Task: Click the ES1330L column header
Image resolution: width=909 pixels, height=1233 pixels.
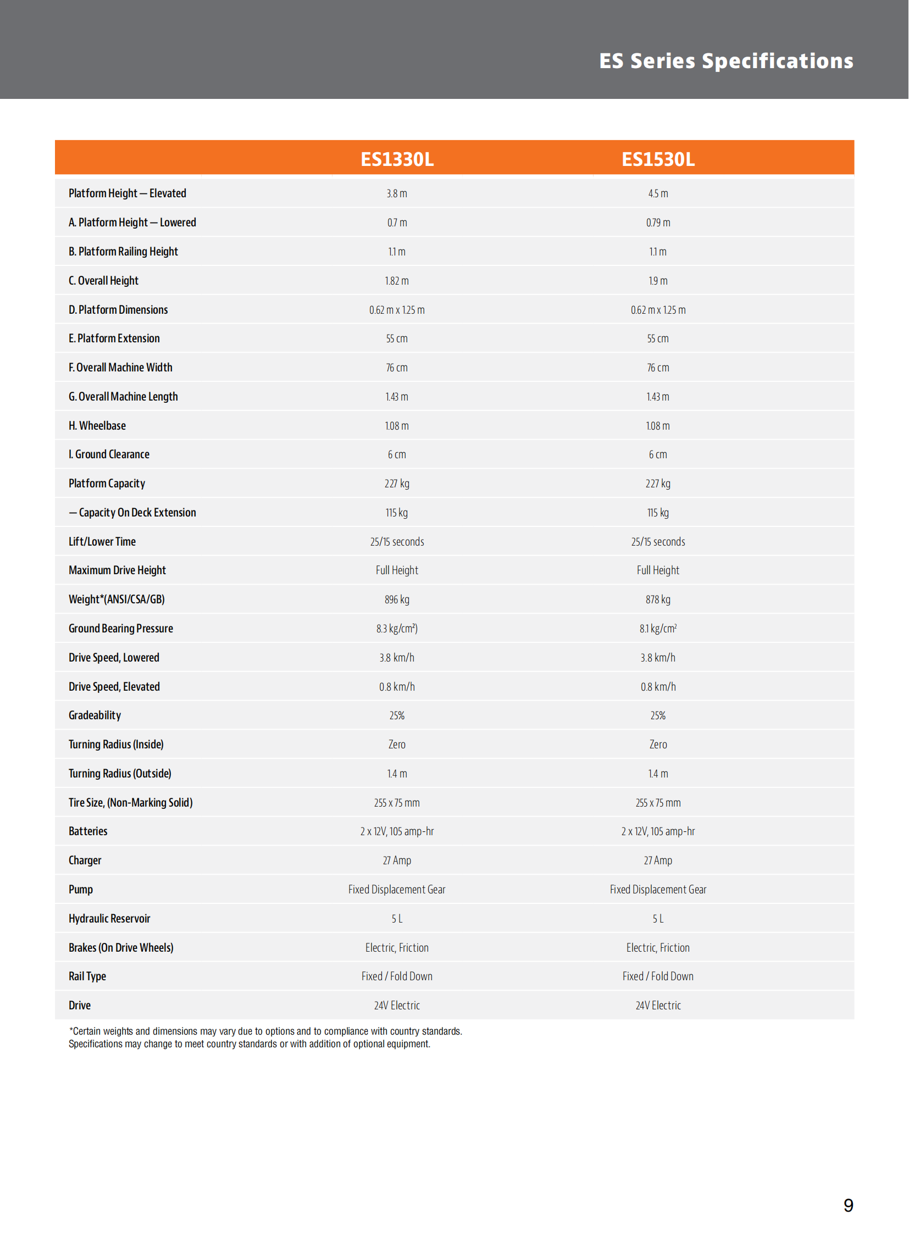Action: (x=397, y=159)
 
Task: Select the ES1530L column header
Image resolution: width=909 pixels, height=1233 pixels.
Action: (x=657, y=159)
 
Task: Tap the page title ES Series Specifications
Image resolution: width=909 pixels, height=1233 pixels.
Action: (x=726, y=60)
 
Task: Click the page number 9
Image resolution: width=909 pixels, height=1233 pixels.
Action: (x=848, y=1205)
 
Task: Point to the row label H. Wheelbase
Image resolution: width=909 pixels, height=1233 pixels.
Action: (x=97, y=425)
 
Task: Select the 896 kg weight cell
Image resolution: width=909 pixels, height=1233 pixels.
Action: (x=397, y=599)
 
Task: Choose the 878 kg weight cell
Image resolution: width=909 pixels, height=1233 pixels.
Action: (x=657, y=599)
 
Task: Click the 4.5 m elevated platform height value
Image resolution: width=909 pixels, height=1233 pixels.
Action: (x=657, y=193)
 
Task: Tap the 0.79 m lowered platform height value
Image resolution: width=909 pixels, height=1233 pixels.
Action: (x=657, y=223)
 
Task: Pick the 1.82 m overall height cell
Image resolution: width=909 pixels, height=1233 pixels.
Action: (x=397, y=281)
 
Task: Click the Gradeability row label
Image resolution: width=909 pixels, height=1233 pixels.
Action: (x=95, y=715)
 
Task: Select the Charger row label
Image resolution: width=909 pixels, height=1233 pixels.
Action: (x=85, y=860)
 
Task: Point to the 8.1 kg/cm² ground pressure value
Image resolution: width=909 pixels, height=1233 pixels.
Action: (x=657, y=629)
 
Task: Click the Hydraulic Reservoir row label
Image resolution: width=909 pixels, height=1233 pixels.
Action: (x=109, y=918)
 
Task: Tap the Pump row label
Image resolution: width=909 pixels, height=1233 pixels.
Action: (x=80, y=889)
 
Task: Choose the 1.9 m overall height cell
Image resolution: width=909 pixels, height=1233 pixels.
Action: (x=657, y=281)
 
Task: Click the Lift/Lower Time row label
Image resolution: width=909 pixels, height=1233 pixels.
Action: (x=102, y=541)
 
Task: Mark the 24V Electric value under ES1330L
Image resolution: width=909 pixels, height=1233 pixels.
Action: (x=397, y=1005)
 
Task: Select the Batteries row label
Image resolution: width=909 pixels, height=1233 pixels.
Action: (x=87, y=831)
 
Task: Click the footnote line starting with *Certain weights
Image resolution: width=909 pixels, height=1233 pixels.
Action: (x=265, y=1031)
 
